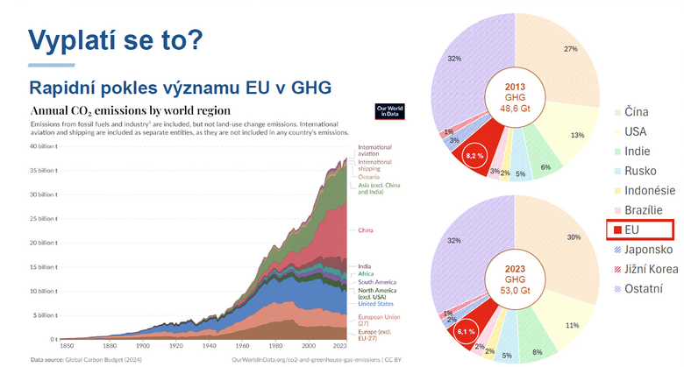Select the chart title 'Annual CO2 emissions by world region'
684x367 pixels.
(131, 111)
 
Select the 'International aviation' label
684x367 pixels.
(374, 151)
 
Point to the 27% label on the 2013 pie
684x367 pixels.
(570, 50)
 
